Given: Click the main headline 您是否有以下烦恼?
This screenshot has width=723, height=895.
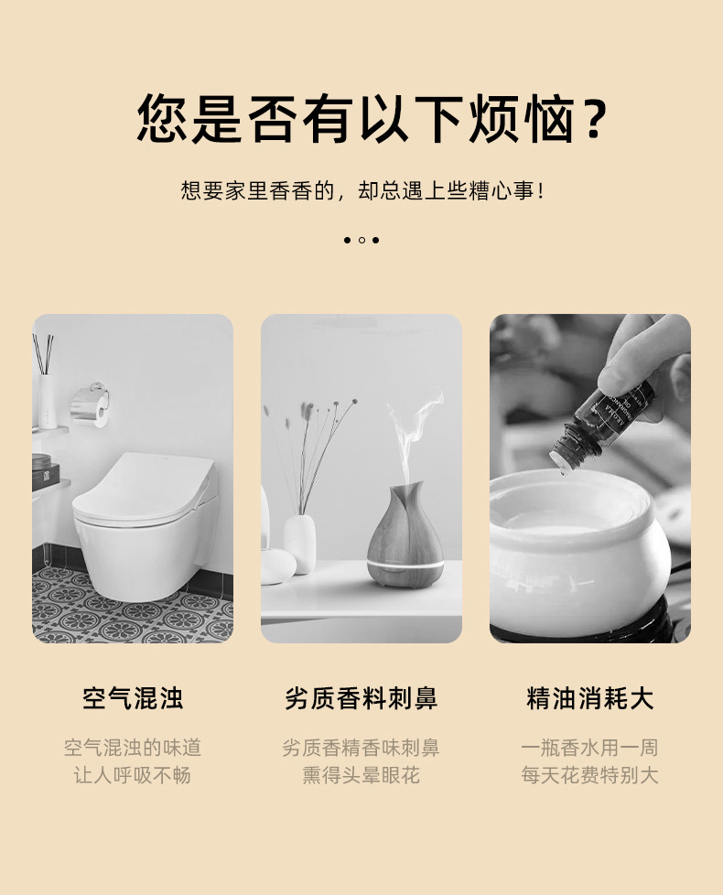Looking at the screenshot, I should click(361, 119).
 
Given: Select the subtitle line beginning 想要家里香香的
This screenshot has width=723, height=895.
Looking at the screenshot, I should click(361, 191).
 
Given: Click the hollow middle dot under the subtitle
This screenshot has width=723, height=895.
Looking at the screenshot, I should click(361, 240).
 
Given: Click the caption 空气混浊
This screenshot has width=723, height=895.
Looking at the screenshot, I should click(133, 699).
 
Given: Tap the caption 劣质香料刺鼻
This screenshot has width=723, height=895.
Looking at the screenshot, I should click(361, 699).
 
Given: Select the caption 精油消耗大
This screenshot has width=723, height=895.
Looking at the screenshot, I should click(589, 699).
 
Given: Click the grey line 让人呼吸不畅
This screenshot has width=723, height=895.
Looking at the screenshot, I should click(133, 775).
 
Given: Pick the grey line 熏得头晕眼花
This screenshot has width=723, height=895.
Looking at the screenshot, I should click(361, 775).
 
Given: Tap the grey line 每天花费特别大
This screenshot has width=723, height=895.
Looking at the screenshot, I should click(589, 775).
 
